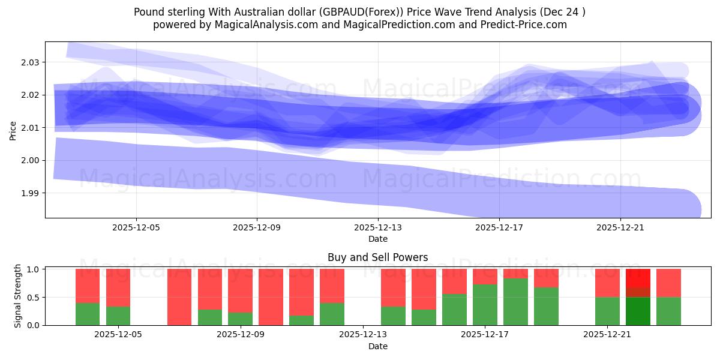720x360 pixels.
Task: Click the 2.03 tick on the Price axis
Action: (x=31, y=62)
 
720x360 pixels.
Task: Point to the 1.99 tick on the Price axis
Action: (x=31, y=193)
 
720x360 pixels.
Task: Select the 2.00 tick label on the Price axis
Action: (x=31, y=160)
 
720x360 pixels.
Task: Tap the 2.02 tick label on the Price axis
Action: (x=31, y=95)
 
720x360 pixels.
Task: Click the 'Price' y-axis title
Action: (x=13, y=130)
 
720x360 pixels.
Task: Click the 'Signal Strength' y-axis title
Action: (x=18, y=296)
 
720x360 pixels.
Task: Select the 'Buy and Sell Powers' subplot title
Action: (x=377, y=257)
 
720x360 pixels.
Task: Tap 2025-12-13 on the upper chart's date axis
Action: (x=378, y=228)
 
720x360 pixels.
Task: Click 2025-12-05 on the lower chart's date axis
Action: (x=118, y=335)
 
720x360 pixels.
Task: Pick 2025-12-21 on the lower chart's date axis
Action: (x=607, y=335)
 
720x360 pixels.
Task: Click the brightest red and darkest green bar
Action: (x=638, y=297)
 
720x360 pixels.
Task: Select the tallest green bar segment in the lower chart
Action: (x=515, y=301)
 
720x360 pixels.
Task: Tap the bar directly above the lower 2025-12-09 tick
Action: (x=240, y=297)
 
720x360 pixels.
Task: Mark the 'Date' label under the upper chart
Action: (x=377, y=239)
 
